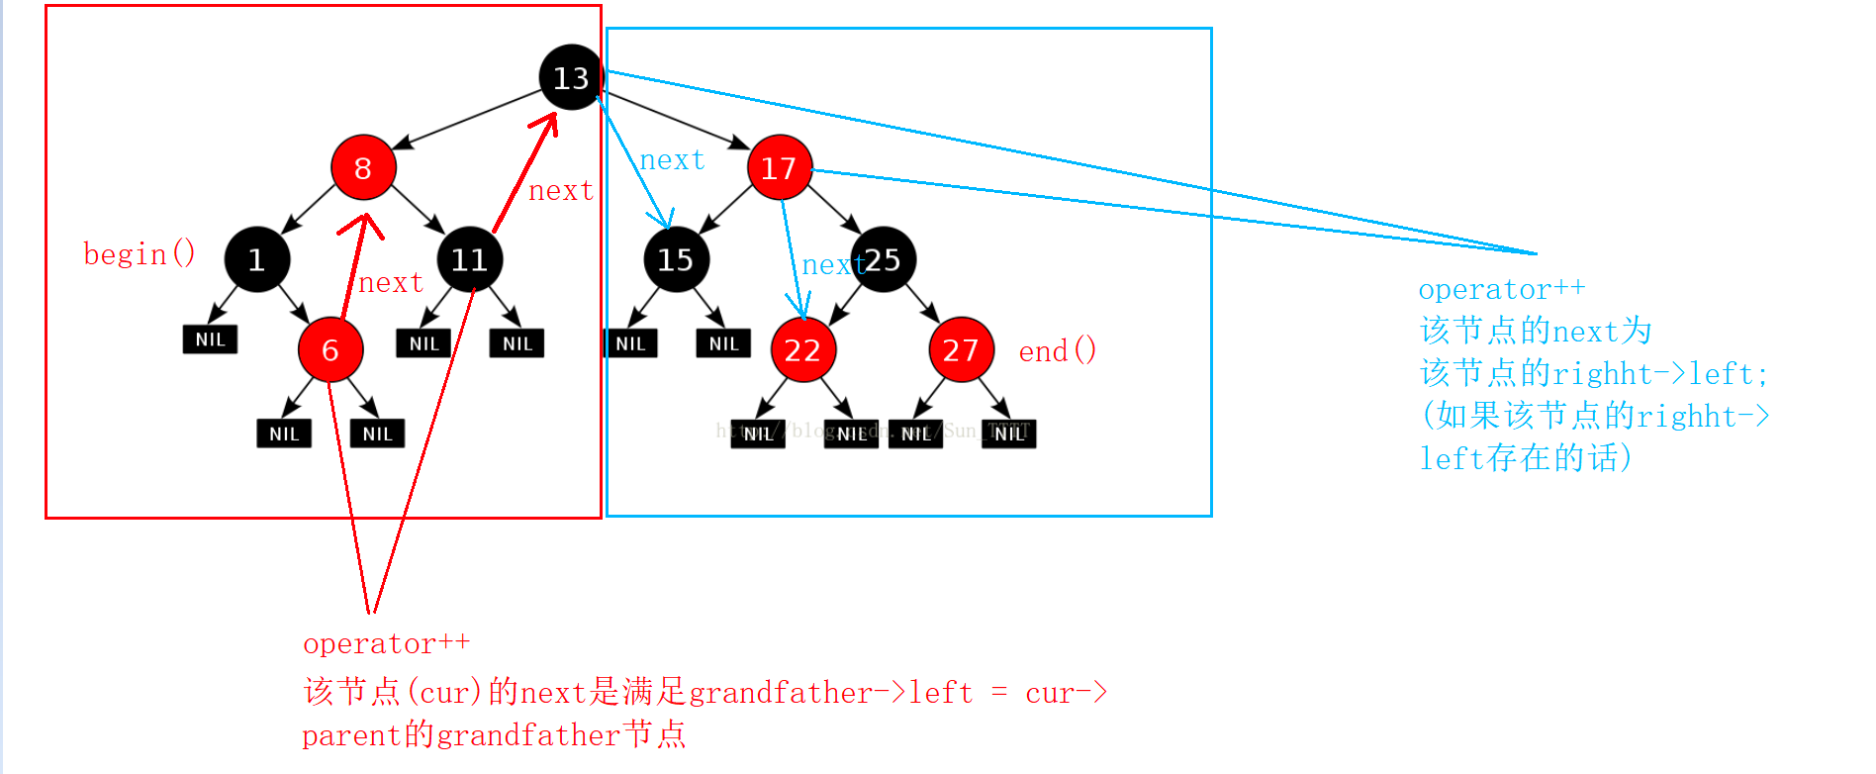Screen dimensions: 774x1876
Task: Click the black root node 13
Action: (571, 77)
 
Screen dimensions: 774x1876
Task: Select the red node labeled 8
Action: (363, 167)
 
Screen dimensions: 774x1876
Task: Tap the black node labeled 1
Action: (256, 259)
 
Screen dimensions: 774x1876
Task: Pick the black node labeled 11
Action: (469, 259)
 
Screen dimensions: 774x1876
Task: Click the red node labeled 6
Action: (330, 349)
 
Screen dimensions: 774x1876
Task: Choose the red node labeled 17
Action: (779, 167)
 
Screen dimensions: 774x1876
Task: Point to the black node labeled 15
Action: (676, 259)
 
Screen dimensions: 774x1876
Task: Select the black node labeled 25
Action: (884, 259)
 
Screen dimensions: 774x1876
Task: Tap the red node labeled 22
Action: (802, 349)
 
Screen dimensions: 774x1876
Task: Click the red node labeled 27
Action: (961, 349)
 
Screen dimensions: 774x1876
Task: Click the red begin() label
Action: (140, 254)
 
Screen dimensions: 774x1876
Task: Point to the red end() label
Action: (1058, 350)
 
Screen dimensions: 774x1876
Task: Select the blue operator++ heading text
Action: (1501, 289)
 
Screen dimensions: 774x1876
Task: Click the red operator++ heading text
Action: (386, 643)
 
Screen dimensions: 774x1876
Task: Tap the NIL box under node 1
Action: (210, 339)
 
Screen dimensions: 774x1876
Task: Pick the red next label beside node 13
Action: (561, 190)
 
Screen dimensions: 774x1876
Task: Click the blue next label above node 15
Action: (672, 159)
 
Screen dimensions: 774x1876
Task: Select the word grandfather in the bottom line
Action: (528, 735)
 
